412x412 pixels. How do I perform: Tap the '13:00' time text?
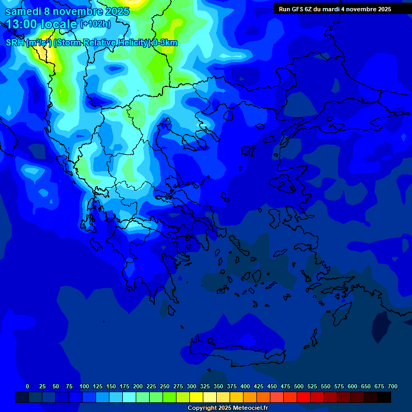click(21, 24)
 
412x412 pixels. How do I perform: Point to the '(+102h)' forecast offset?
click(95, 24)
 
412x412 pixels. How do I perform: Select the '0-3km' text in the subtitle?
click(165, 43)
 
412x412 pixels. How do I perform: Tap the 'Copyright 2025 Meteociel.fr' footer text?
click(227, 408)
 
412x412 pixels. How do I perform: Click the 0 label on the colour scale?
click(27, 386)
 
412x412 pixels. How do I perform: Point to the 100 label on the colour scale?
click(84, 386)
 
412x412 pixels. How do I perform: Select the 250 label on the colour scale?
click(165, 386)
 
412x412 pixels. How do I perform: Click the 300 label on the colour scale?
click(192, 386)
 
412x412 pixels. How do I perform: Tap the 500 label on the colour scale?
click(299, 386)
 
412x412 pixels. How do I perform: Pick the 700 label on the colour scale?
click(393, 386)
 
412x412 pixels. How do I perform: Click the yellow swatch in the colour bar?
click(196, 397)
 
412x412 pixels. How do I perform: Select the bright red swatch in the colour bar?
click(304, 397)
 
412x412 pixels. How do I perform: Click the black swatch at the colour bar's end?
click(384, 397)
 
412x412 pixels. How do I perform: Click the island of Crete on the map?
click(236, 351)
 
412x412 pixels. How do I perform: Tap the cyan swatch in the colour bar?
click(129, 397)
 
